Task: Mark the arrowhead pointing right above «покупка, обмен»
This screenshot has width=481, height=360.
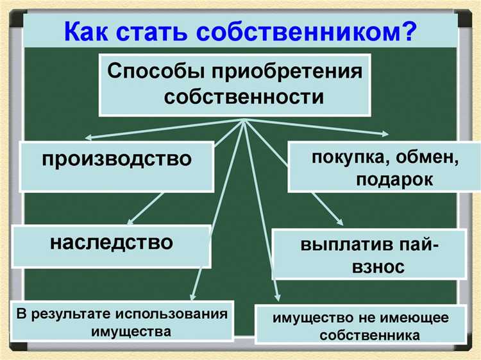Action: pyautogui.click(x=385, y=135)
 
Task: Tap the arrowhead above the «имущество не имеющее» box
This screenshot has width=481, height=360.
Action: pyautogui.click(x=277, y=297)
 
